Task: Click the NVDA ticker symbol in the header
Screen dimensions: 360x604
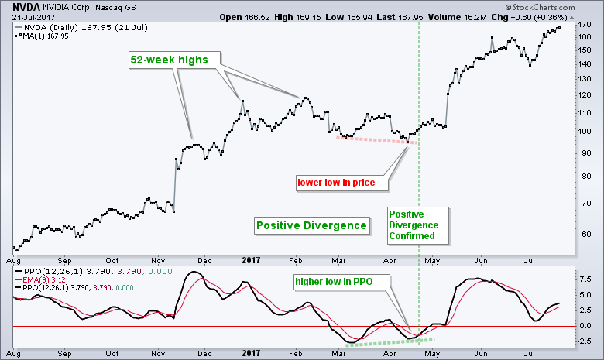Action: coord(17,6)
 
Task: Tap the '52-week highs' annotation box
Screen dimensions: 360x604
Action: coord(173,59)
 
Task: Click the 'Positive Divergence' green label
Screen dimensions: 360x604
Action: coord(311,225)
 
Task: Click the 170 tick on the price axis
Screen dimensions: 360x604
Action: coord(585,25)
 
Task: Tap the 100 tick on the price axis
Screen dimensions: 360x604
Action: coord(585,131)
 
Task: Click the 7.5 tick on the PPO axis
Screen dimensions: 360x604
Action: coord(586,279)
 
